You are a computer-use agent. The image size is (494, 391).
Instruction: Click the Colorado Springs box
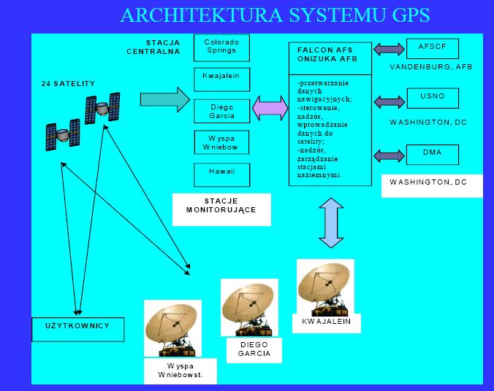[x=221, y=47]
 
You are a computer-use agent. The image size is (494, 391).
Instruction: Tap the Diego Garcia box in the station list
[x=221, y=112]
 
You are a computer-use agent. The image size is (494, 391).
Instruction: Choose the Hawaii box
[x=221, y=175]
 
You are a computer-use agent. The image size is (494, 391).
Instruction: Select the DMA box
[x=433, y=155]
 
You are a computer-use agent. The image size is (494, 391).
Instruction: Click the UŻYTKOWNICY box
[x=79, y=329]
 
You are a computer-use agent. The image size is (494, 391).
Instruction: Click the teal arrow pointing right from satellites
[x=164, y=98]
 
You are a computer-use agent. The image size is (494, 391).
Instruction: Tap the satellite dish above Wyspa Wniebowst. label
[x=172, y=328]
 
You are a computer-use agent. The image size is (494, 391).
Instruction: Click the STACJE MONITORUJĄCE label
[x=221, y=209]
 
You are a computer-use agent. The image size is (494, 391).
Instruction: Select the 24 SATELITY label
[x=69, y=84]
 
